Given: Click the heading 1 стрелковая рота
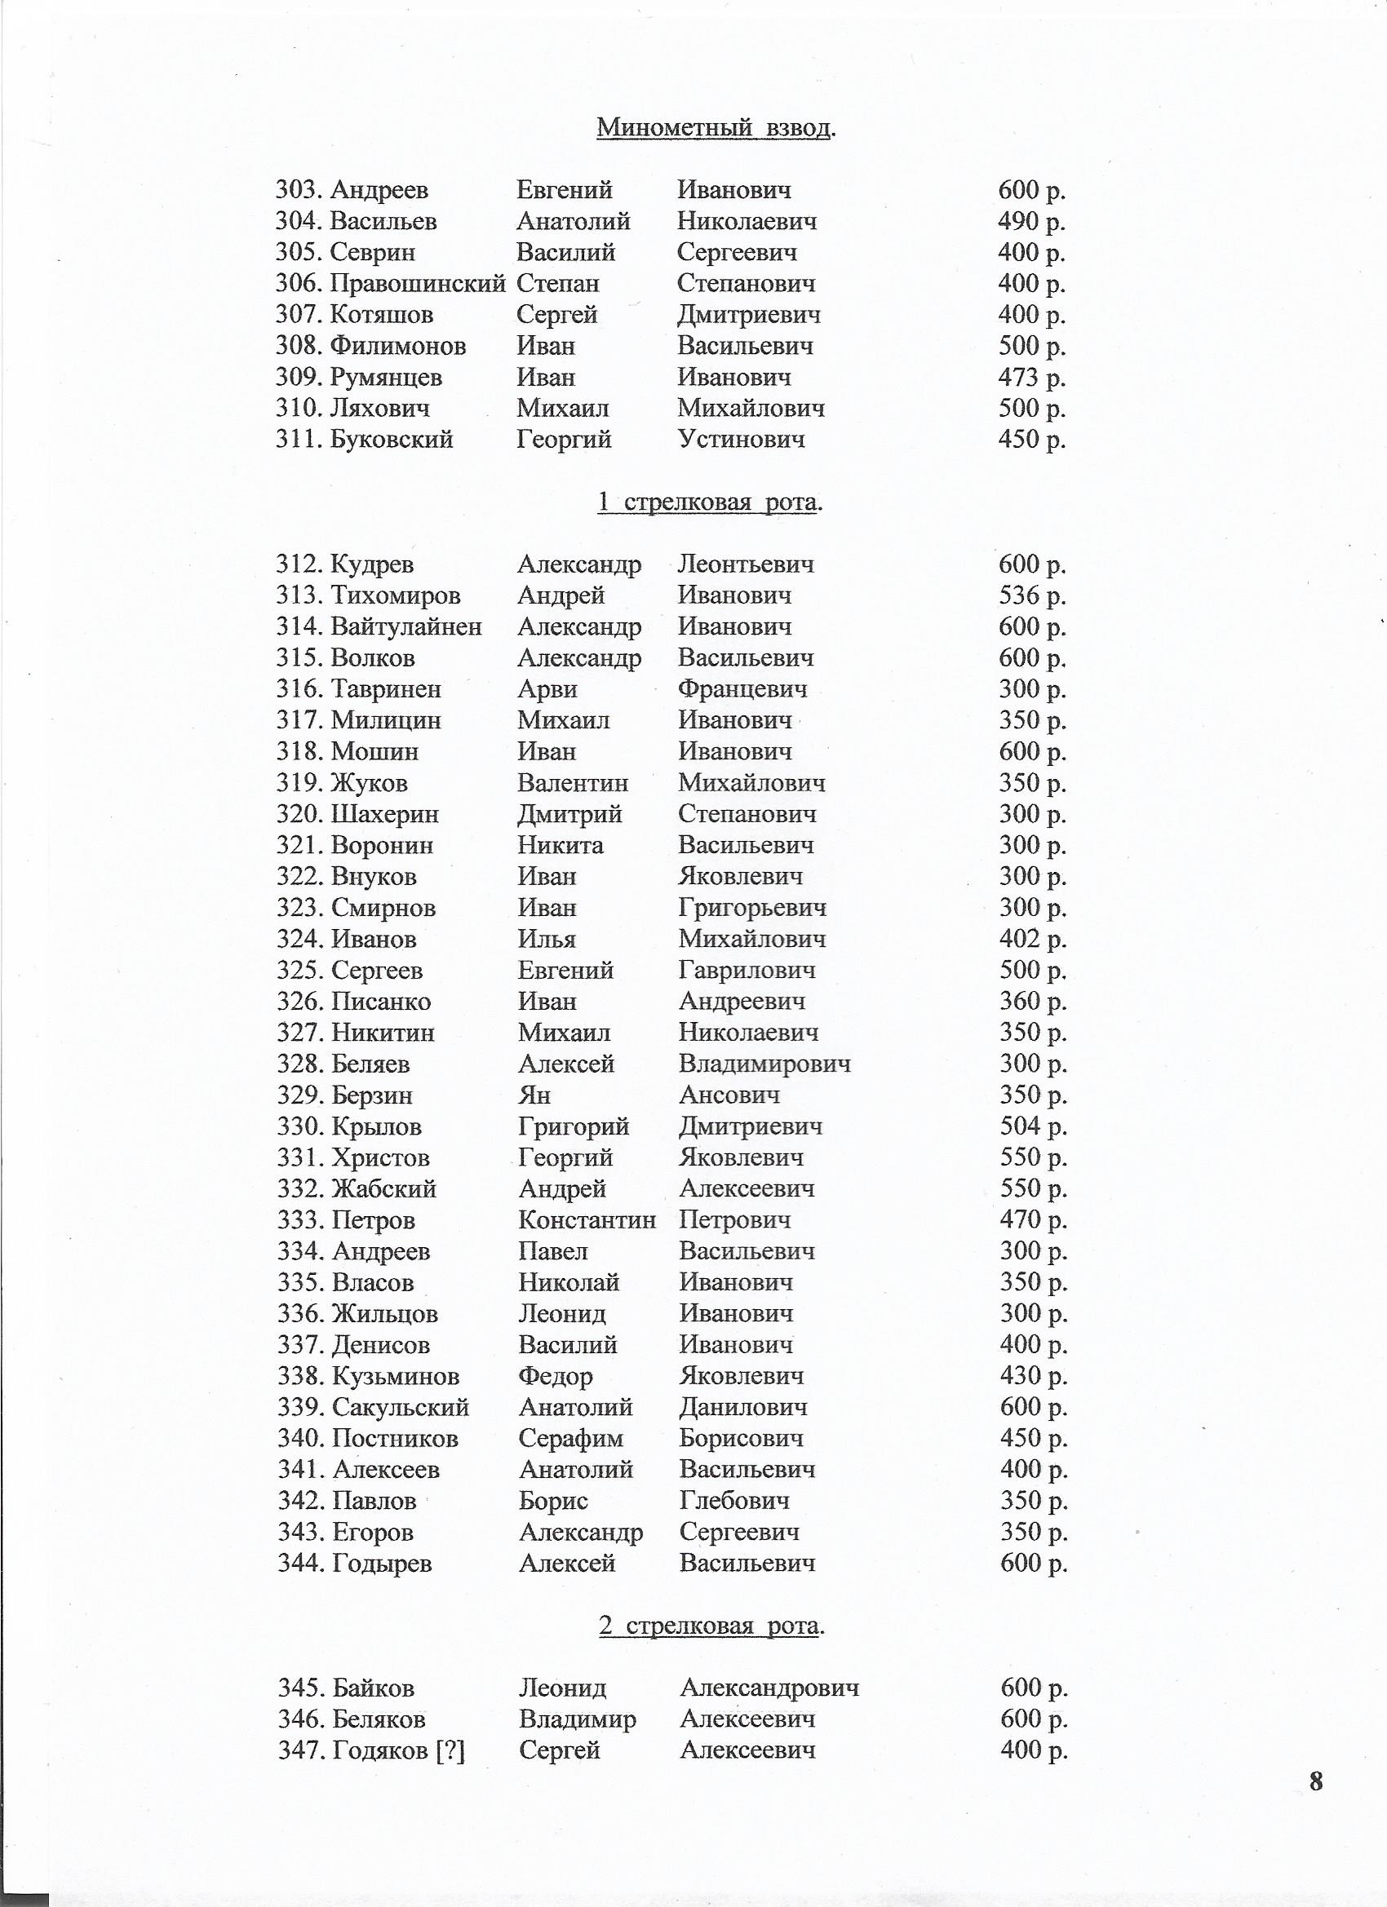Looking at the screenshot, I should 709,502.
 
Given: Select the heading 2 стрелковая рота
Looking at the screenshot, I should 711,1626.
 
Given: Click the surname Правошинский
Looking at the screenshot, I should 417,283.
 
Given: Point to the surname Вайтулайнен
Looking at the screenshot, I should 406,626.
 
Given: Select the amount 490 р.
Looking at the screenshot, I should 1031,221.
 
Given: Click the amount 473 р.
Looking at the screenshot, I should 1031,378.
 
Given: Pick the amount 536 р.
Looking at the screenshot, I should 1032,595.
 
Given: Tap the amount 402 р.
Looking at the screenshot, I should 1032,938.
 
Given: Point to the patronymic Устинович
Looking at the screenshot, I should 741,440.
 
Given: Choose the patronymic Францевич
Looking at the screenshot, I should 742,689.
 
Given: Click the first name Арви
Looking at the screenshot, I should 547,689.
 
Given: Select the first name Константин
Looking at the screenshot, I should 587,1219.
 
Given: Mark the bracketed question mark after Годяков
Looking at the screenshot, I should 451,1750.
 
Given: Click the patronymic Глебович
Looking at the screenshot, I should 734,1501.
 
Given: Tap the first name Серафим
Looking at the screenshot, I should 571,1438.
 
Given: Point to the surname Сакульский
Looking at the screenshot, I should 401,1407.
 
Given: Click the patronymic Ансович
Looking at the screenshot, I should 729,1095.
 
